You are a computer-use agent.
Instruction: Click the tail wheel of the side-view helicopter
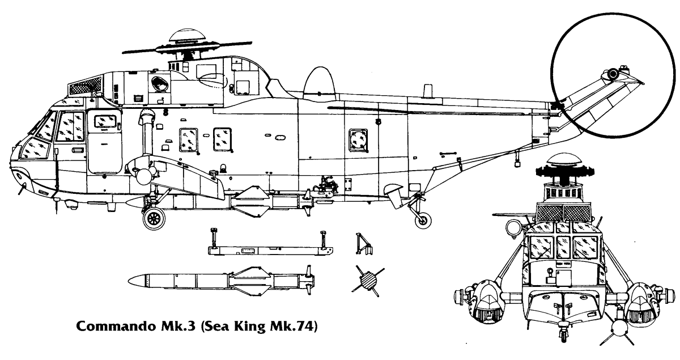click(422, 221)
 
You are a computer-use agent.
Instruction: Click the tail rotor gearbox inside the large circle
click(613, 74)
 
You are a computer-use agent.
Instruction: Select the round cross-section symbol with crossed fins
click(368, 279)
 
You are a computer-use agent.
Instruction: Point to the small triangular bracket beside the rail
click(363, 244)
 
